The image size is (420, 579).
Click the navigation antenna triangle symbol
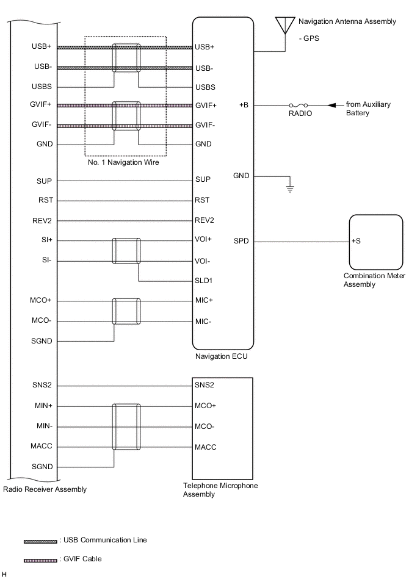(x=283, y=24)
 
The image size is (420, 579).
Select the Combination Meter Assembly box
(x=375, y=241)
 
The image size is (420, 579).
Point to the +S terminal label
(x=356, y=241)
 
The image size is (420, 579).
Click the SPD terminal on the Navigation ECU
(x=241, y=241)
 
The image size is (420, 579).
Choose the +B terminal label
(x=244, y=105)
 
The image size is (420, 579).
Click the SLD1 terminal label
(x=205, y=281)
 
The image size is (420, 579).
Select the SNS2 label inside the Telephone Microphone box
(x=204, y=385)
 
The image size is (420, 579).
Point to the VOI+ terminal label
(x=204, y=240)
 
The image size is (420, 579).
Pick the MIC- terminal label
(x=204, y=321)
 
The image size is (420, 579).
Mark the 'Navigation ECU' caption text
(x=221, y=356)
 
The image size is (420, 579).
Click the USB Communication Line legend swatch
(x=40, y=541)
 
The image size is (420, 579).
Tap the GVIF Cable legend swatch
(x=40, y=559)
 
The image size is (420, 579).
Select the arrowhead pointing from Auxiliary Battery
(x=331, y=105)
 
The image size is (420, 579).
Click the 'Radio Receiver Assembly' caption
(x=45, y=489)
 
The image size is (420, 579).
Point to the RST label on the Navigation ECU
(x=202, y=200)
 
